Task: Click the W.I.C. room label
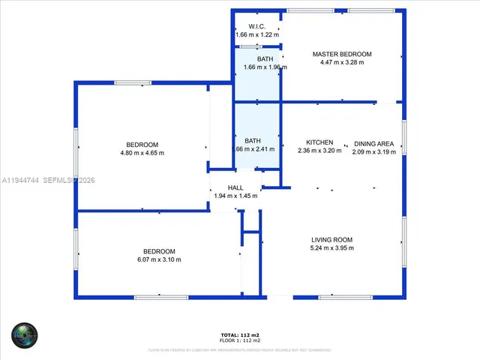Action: [256, 26]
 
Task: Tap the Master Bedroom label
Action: [342, 54]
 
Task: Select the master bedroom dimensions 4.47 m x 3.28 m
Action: [342, 62]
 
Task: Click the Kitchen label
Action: [319, 142]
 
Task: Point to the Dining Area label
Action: [373, 142]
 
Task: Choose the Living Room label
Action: [331, 239]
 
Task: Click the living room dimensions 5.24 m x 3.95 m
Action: [331, 247]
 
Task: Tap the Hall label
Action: [235, 187]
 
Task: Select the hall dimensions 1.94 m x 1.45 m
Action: [235, 196]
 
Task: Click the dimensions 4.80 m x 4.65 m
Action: [142, 153]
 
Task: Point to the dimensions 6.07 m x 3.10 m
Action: [159, 259]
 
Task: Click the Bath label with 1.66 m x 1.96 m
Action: [265, 58]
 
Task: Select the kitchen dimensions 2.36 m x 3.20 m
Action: [319, 151]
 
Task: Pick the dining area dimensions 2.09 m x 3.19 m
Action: [373, 151]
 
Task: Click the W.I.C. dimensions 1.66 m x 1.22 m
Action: [256, 34]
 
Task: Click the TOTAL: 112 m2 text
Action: [240, 334]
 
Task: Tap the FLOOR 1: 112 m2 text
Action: [240, 340]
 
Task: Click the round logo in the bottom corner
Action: [24, 334]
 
